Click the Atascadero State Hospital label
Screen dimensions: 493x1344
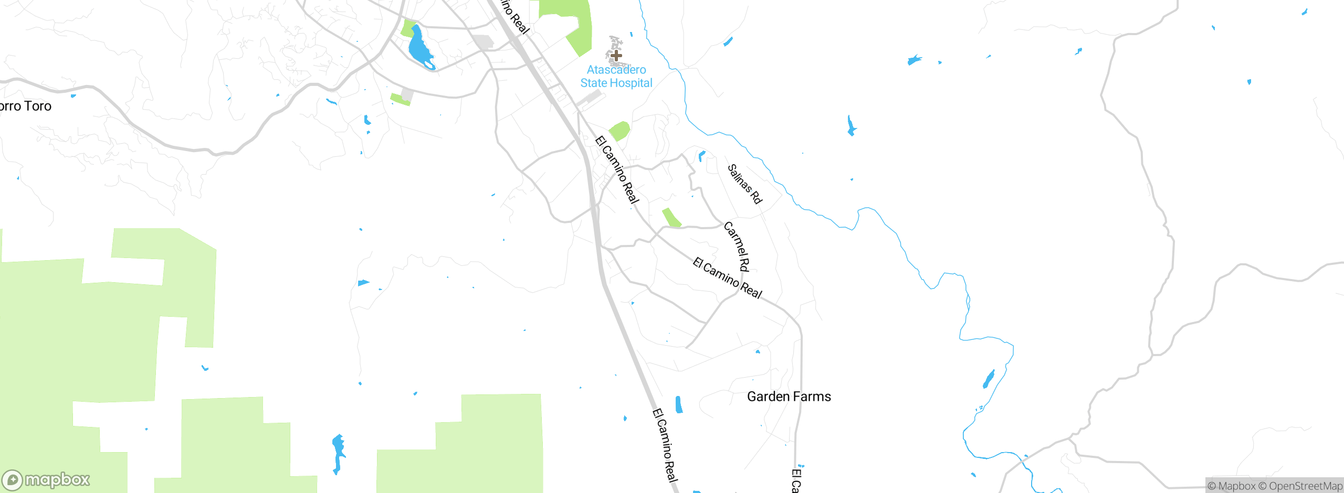tap(616, 77)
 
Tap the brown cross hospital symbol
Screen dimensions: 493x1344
tap(616, 55)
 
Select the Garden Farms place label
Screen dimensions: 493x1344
tap(789, 396)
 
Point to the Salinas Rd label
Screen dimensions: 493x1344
tap(744, 184)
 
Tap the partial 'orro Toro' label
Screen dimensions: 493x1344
tap(25, 106)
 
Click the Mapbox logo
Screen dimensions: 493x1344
tap(46, 479)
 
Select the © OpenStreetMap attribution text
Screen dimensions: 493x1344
tap(1300, 486)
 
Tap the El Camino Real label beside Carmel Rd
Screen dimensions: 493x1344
tap(727, 278)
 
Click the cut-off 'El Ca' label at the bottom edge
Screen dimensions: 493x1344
tap(796, 480)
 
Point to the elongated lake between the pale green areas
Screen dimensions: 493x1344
tap(338, 453)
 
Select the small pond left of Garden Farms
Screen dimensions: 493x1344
tap(679, 405)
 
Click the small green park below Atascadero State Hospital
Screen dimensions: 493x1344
tap(619, 131)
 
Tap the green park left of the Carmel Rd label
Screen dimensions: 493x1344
tap(671, 218)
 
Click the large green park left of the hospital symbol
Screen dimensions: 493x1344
tap(573, 24)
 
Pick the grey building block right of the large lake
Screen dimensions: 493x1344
tap(483, 41)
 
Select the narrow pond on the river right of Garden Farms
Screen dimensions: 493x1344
tap(989, 379)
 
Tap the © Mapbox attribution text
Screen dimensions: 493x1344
tap(1232, 486)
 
